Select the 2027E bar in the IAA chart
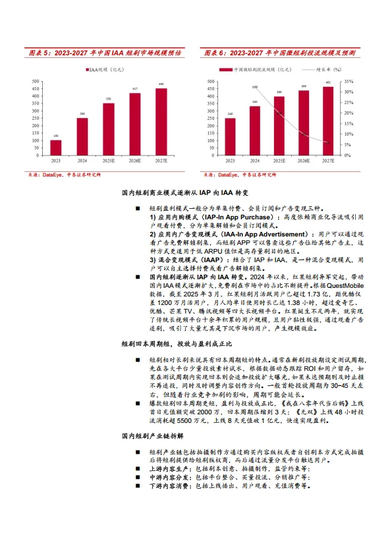point(161,122)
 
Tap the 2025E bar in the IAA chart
point(108,129)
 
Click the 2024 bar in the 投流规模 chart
point(255,130)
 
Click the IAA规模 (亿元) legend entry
point(106,68)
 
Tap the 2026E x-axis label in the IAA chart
point(134,160)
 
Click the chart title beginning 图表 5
point(105,52)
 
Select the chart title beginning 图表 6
point(280,52)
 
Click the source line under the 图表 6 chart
point(239,175)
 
